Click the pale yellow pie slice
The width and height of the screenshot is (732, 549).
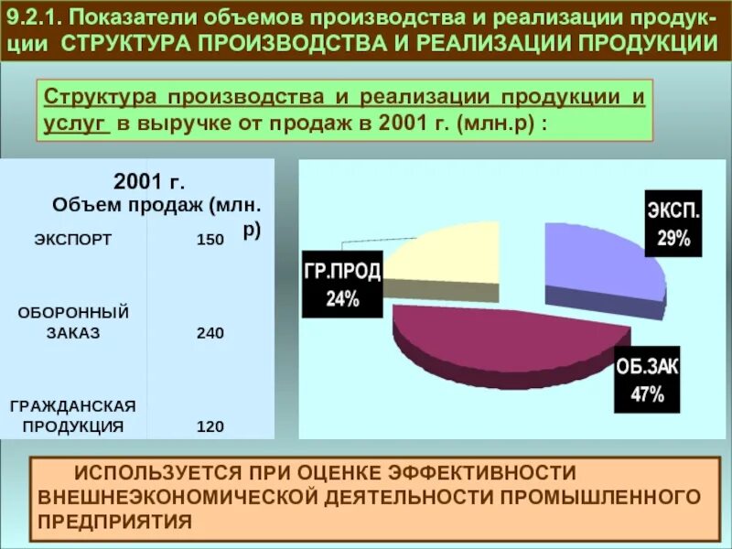click(x=444, y=256)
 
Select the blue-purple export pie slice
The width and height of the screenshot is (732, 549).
click(x=599, y=265)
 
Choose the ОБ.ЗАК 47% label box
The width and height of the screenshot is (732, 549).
click(x=647, y=382)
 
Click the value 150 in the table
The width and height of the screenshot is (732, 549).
click(x=210, y=240)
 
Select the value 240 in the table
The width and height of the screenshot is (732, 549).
click(x=210, y=333)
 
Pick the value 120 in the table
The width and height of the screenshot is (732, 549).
click(x=210, y=425)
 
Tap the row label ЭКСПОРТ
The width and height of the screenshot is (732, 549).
click(x=72, y=240)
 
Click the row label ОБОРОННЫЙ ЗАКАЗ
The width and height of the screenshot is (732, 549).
click(x=73, y=323)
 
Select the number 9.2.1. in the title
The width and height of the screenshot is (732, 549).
click(x=36, y=19)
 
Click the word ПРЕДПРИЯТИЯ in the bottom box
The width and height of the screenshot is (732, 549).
click(x=115, y=521)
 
